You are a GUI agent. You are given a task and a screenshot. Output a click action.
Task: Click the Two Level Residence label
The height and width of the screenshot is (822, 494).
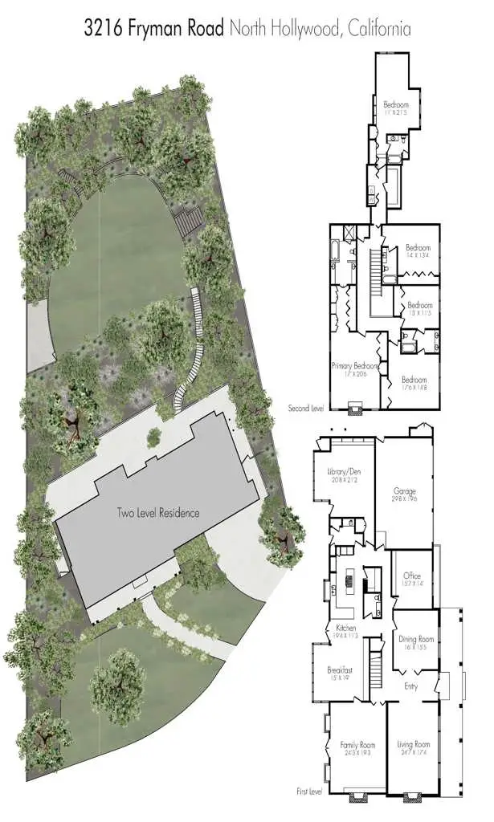tap(157, 513)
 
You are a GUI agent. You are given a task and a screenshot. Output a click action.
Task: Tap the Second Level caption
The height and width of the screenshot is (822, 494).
tap(305, 409)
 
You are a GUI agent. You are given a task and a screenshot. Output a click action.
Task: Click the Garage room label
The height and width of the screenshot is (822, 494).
tap(404, 490)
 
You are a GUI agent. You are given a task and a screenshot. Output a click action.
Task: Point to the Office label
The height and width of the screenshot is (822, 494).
tap(412, 576)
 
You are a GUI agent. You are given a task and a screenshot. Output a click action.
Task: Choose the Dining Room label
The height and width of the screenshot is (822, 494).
tap(415, 639)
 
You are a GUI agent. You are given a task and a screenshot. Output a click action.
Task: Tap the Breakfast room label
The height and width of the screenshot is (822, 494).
tap(341, 669)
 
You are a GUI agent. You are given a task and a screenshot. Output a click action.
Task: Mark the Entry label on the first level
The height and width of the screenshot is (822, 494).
tap(410, 686)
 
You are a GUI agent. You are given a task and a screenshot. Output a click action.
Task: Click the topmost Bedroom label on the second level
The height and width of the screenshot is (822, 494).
tap(395, 105)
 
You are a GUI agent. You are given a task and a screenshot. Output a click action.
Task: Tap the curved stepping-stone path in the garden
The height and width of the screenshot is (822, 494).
tap(194, 345)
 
